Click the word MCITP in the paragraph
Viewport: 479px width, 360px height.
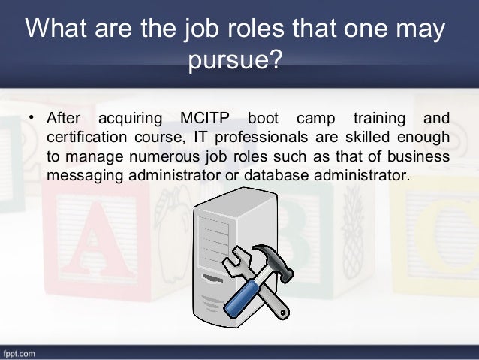click(x=206, y=119)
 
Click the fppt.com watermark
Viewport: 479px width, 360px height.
click(x=22, y=352)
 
